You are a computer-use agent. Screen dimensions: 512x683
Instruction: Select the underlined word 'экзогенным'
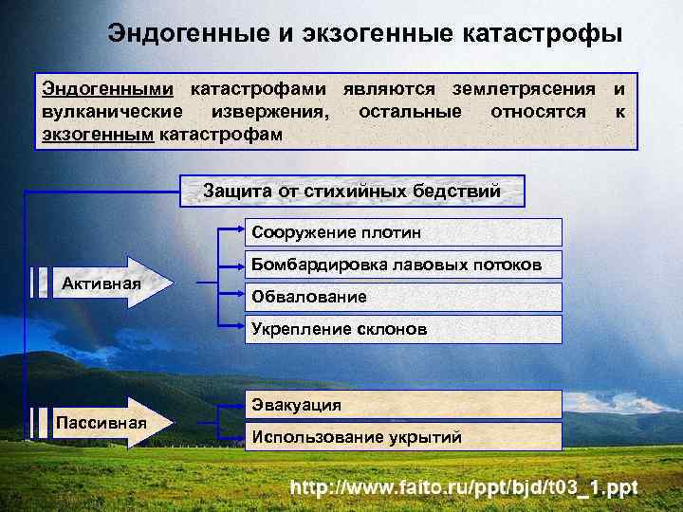pyautogui.click(x=98, y=134)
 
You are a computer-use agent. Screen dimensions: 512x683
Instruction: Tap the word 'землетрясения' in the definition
pyautogui.click(x=526, y=89)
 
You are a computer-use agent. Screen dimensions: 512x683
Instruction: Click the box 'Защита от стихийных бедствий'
pyautogui.click(x=351, y=191)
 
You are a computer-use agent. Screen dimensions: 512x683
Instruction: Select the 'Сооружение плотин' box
pyautogui.click(x=403, y=232)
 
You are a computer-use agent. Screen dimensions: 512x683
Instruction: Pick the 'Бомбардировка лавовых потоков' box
pyautogui.click(x=403, y=265)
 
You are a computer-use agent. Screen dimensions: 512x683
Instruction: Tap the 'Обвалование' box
pyautogui.click(x=403, y=297)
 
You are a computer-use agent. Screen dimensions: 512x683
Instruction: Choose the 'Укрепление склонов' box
pyautogui.click(x=403, y=329)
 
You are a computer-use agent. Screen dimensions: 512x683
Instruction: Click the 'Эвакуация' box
pyautogui.click(x=403, y=405)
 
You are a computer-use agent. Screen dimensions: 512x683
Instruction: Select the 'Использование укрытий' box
pyautogui.click(x=403, y=437)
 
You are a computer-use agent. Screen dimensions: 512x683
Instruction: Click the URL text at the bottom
pyautogui.click(x=465, y=488)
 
